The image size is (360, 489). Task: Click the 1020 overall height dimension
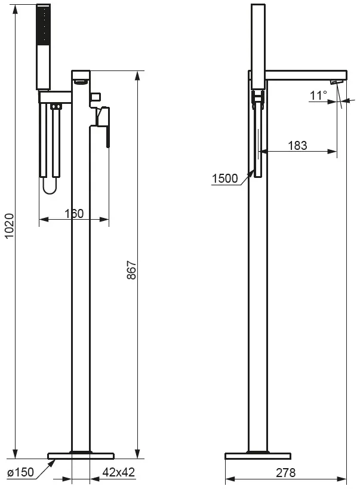[10, 226]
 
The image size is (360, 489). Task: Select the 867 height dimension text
[132, 270]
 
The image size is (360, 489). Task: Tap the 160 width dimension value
[74, 214]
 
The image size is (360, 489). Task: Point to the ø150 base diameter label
[20, 472]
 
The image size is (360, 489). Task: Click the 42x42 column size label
[119, 472]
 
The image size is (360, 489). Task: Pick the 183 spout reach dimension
[297, 145]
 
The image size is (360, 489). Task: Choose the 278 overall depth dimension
[286, 473]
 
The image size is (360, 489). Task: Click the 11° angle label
[318, 95]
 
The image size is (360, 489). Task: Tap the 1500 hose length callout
[225, 179]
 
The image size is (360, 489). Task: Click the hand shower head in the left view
[44, 47]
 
